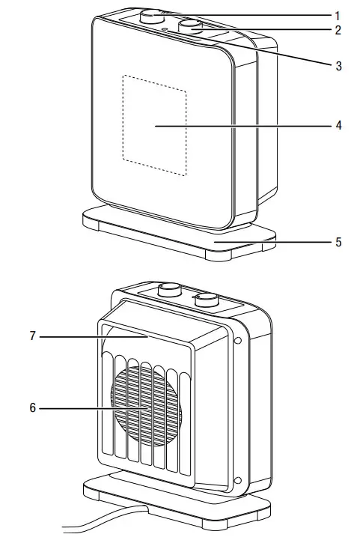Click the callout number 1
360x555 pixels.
(x=338, y=14)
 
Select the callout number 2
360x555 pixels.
(x=338, y=31)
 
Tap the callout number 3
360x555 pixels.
(x=338, y=66)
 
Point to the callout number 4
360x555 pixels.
(x=338, y=126)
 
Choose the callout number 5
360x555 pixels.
(x=338, y=242)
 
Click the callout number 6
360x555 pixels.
(x=32, y=408)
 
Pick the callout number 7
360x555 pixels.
(x=32, y=337)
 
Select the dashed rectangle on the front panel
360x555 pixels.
(x=154, y=125)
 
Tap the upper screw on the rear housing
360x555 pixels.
(x=238, y=342)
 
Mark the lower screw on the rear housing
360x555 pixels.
(x=238, y=480)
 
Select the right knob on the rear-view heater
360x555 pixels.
(x=206, y=300)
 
